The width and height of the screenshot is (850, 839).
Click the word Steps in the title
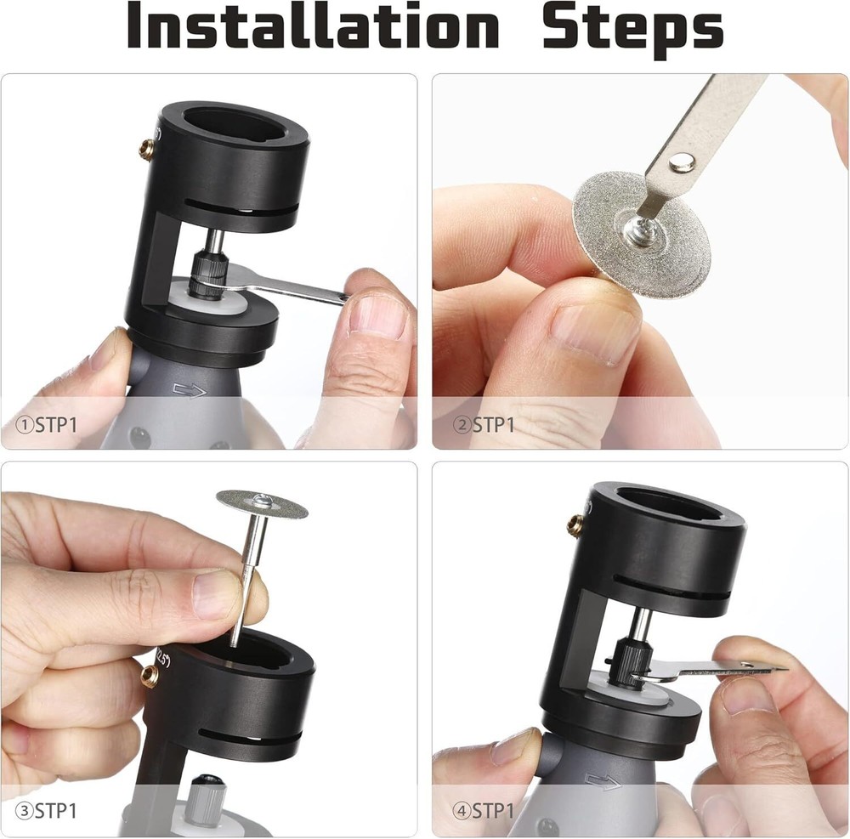coord(632,27)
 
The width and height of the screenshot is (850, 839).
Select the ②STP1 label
coord(485,424)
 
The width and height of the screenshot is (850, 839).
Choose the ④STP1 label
coord(485,810)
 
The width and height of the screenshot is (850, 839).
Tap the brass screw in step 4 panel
coord(575,524)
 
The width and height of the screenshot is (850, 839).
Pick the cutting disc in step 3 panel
coord(262,503)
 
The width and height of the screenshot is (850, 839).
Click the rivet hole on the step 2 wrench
coord(678,162)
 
